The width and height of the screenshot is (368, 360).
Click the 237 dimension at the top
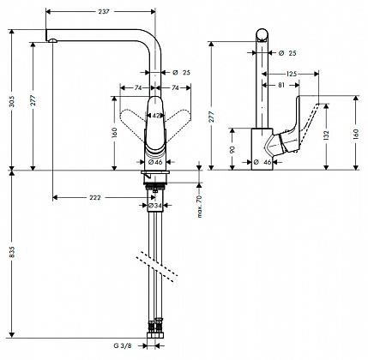(x=104, y=12)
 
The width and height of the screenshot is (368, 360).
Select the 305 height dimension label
(x=12, y=101)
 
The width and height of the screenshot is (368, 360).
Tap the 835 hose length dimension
(x=12, y=253)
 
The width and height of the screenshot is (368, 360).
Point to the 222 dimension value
(x=95, y=197)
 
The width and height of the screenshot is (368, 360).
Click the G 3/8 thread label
(x=123, y=345)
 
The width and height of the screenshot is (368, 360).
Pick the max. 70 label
(x=200, y=207)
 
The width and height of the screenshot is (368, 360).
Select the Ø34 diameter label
(x=155, y=205)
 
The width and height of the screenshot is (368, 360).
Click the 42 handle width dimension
(x=156, y=116)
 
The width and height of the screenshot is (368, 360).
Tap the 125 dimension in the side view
(x=292, y=74)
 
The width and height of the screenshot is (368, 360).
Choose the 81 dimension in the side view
(x=281, y=85)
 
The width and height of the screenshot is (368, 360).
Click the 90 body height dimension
(x=232, y=149)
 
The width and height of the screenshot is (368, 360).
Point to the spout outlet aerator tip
(x=53, y=40)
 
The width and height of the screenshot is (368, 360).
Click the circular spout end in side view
(x=262, y=35)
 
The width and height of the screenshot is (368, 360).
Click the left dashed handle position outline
(x=132, y=117)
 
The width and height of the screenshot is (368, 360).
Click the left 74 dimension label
(x=138, y=88)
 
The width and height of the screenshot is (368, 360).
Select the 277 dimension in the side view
(x=212, y=117)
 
